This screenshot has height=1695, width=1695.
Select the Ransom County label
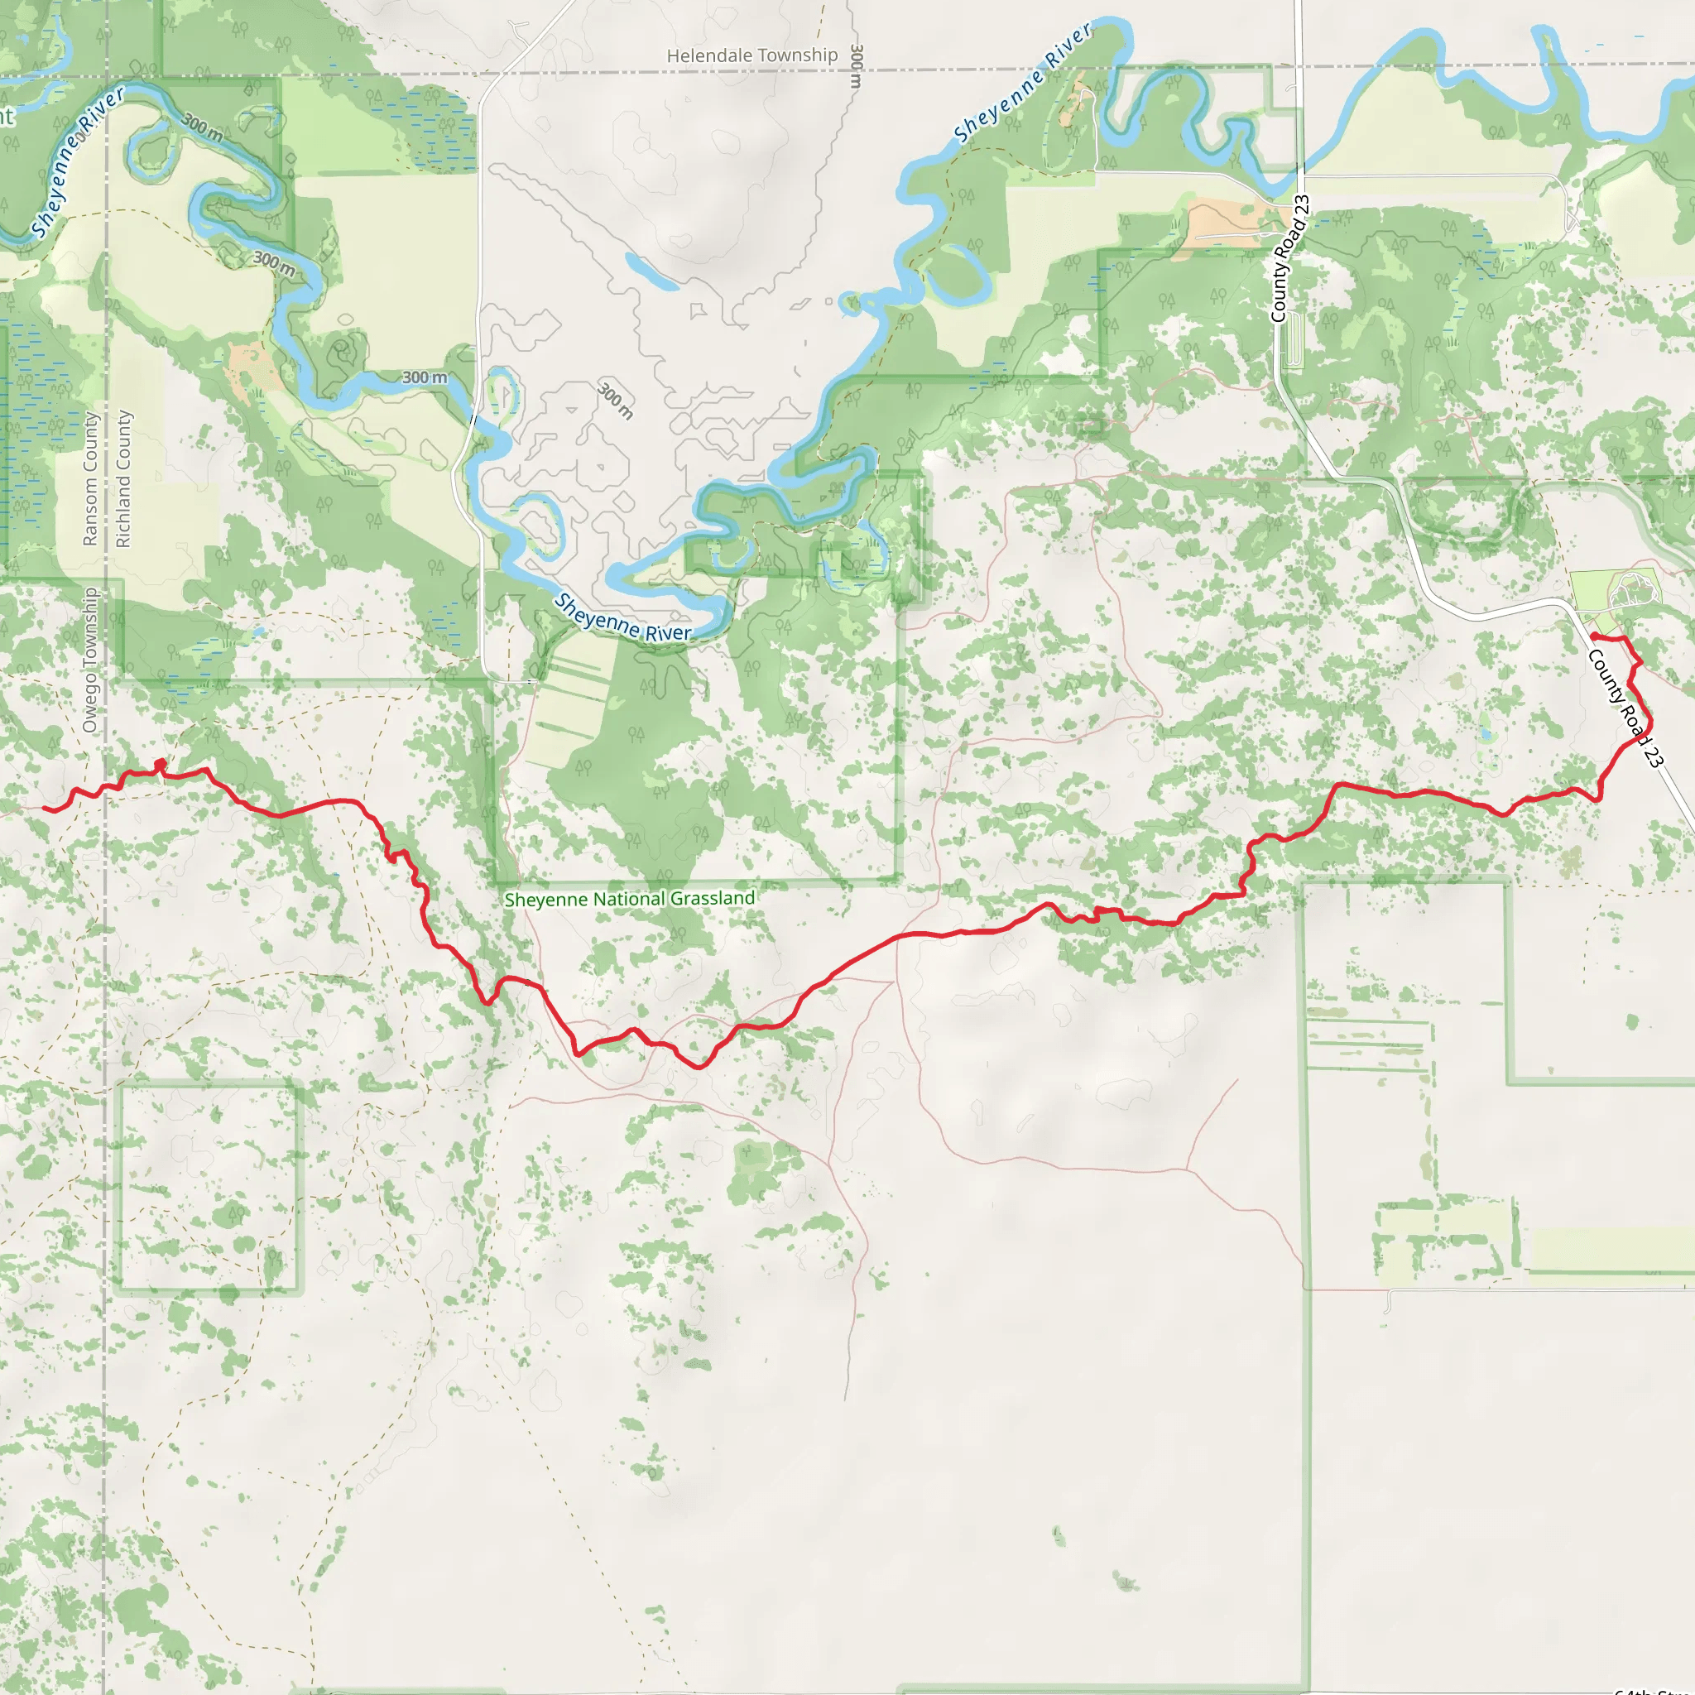coord(89,479)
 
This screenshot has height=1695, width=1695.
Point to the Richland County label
coord(122,479)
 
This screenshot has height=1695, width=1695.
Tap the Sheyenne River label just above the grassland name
coord(622,617)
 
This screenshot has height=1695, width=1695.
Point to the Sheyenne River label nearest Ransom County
coord(77,161)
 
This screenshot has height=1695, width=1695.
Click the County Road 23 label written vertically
coord(1289,258)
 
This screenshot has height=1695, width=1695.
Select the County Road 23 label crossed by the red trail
coord(1625,709)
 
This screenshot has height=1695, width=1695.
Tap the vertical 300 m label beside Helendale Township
coord(857,66)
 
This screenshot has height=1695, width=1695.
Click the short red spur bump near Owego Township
coord(160,766)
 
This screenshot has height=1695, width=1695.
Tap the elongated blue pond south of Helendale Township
coord(651,271)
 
